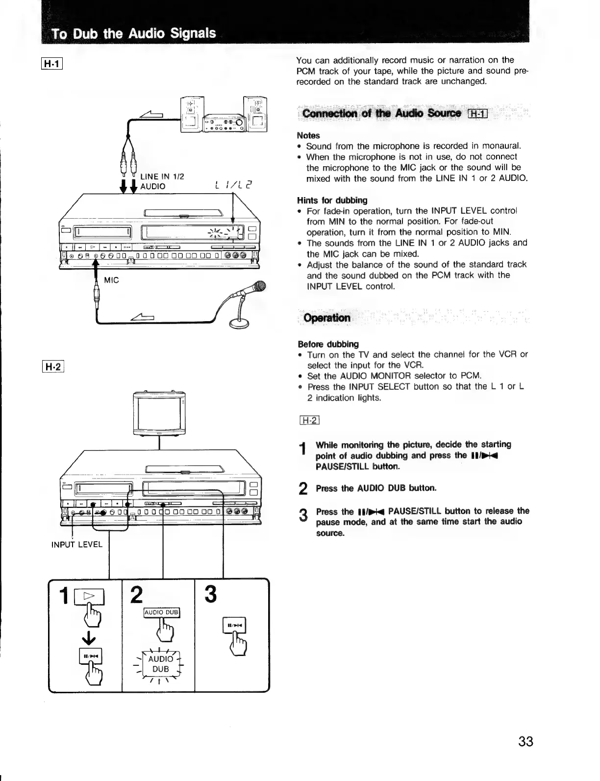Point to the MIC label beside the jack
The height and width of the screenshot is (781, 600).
[112, 280]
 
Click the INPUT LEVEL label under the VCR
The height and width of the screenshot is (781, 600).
[77, 544]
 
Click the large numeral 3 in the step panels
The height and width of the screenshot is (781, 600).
[210, 595]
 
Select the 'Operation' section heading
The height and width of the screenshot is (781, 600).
[327, 318]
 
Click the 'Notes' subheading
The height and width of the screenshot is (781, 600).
[308, 135]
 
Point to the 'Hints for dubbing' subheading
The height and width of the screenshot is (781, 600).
[332, 200]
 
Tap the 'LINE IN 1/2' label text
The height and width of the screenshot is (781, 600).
[162, 176]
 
